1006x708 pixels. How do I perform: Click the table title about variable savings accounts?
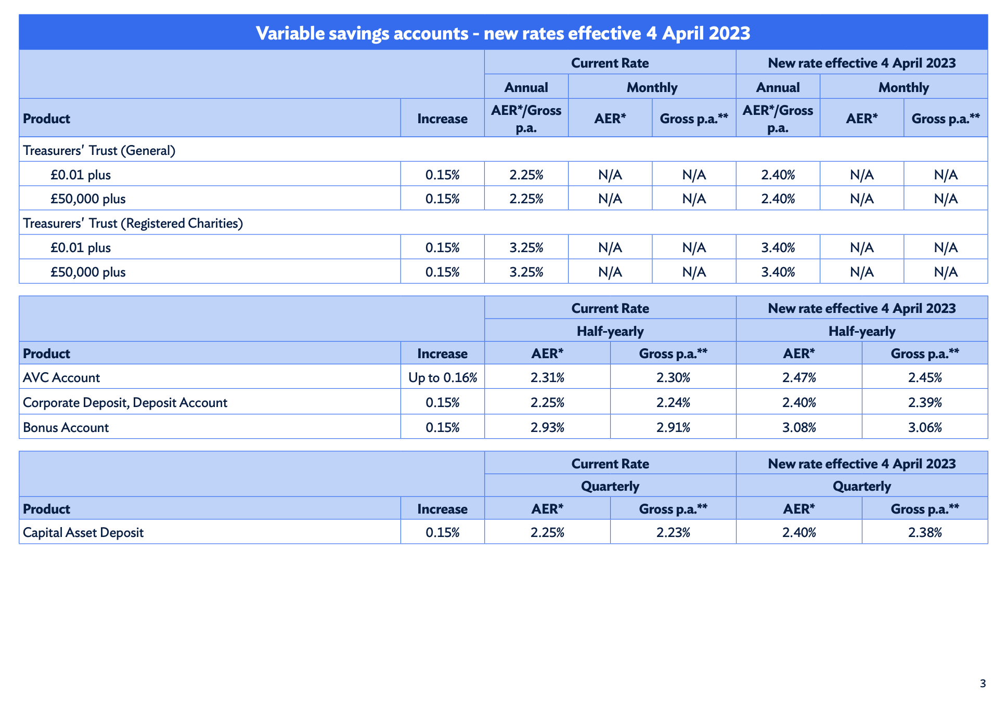[x=503, y=33]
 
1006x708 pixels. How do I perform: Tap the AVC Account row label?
[x=61, y=377]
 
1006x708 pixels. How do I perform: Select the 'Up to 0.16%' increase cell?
[x=443, y=377]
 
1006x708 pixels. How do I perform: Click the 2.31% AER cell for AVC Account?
[x=547, y=377]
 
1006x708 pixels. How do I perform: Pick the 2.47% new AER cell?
[x=799, y=377]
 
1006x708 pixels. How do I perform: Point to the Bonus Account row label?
[x=66, y=427]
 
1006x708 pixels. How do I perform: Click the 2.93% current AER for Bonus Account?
[x=547, y=427]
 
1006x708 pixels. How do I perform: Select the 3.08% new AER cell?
[x=799, y=427]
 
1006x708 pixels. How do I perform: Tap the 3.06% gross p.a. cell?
[x=925, y=427]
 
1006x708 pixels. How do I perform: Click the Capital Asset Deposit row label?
[x=83, y=532]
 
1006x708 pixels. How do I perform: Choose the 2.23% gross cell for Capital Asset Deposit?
[x=673, y=532]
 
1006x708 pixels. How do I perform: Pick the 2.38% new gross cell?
[x=925, y=532]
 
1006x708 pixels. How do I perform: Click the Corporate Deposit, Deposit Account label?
[x=125, y=402]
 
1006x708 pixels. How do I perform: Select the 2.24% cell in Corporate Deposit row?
[x=673, y=402]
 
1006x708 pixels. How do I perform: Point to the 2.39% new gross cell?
[x=925, y=402]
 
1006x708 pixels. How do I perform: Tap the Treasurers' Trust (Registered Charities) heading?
[x=133, y=223]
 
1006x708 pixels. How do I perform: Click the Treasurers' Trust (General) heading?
[x=99, y=150]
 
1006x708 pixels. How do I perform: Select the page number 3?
[x=983, y=684]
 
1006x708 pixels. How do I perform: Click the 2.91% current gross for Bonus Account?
[x=673, y=427]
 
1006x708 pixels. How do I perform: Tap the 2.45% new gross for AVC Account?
[x=925, y=377]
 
